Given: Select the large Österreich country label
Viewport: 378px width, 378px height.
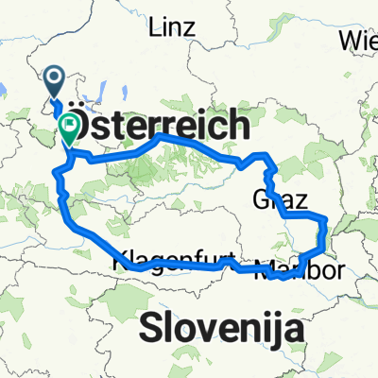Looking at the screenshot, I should click(162, 124).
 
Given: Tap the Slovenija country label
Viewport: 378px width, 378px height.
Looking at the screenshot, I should click(224, 329).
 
